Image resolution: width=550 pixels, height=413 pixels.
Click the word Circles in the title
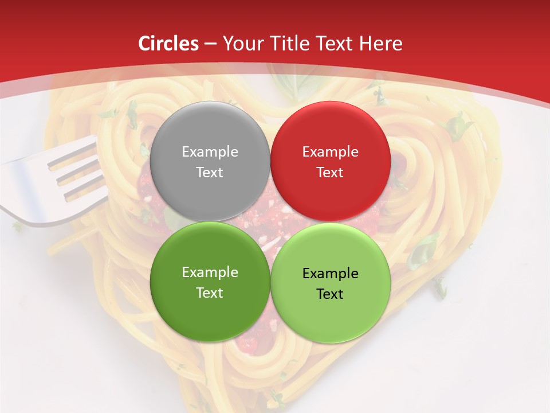pyautogui.click(x=169, y=44)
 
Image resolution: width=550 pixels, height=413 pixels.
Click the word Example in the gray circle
pyautogui.click(x=210, y=152)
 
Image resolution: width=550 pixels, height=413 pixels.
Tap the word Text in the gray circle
pyautogui.click(x=210, y=172)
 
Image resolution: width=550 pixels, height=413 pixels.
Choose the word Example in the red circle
pyautogui.click(x=330, y=152)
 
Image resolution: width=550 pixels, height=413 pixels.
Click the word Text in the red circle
pyautogui.click(x=330, y=172)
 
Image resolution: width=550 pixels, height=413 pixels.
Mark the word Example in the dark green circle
pyautogui.click(x=210, y=272)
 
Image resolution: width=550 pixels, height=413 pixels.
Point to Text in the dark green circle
pyautogui.click(x=210, y=293)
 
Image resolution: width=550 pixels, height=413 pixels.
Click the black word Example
pyautogui.click(x=330, y=274)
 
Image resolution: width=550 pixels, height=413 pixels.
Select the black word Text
pyautogui.click(x=330, y=294)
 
